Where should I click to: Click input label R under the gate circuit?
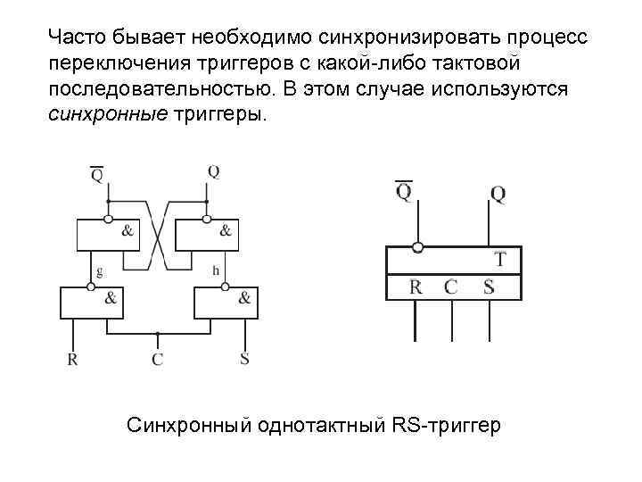(x=72, y=360)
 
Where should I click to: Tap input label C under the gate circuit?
(x=157, y=360)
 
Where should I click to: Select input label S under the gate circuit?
(x=244, y=360)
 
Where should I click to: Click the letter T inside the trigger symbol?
(x=500, y=261)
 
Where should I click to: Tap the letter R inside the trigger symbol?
(x=416, y=287)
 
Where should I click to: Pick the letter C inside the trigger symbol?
(x=451, y=287)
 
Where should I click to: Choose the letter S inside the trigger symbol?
(x=489, y=287)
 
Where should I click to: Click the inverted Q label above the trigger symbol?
(x=403, y=191)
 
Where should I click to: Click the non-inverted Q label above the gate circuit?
(x=213, y=170)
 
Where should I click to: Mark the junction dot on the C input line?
(x=158, y=335)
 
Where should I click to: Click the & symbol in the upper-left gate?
(x=128, y=231)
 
